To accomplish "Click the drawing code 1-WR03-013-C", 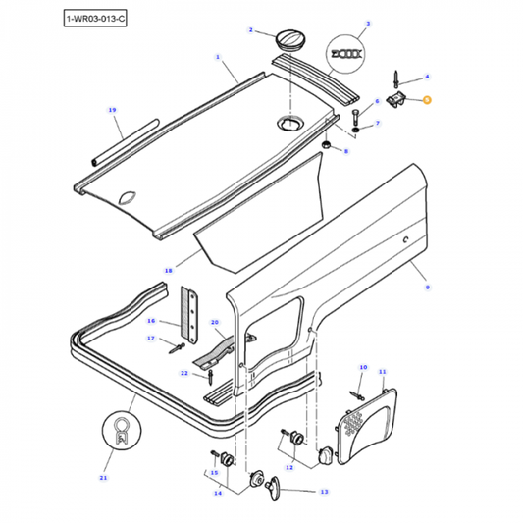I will pyautogui.click(x=95, y=19).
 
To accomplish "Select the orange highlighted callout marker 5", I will pyautogui.click(x=429, y=100).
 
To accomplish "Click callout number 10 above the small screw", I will pyautogui.click(x=362, y=367).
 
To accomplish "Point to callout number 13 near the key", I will pyautogui.click(x=324, y=492).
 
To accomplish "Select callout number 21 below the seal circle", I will pyautogui.click(x=104, y=478).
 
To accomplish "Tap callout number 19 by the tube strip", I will pyautogui.click(x=111, y=109).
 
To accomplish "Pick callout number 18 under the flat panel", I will pyautogui.click(x=167, y=269).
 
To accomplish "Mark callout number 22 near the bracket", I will pyautogui.click(x=183, y=374).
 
